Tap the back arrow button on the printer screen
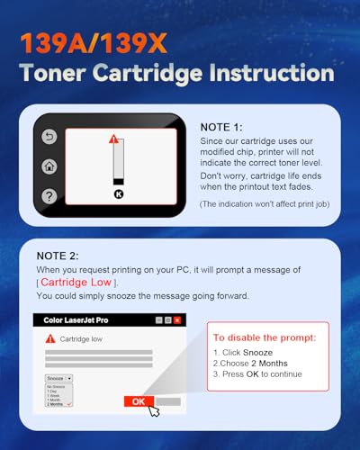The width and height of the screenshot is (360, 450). tap(49, 137)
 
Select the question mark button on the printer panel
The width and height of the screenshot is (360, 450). tap(49, 194)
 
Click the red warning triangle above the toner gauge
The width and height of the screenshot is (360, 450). tap(113, 139)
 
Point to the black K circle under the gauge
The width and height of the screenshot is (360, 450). tap(118, 193)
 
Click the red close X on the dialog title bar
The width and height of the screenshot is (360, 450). tap(178, 319)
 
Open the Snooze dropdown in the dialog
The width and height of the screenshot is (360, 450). tap(58, 379)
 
